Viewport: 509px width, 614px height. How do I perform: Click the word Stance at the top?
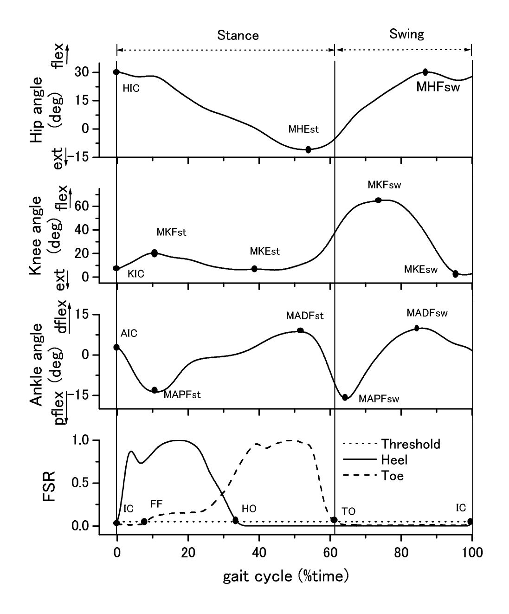pos(238,35)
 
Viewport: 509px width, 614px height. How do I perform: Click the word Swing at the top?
pos(406,34)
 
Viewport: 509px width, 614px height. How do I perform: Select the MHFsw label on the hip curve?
pos(438,87)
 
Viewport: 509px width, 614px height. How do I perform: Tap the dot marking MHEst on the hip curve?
pos(308,149)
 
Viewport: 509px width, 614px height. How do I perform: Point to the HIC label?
pos(131,88)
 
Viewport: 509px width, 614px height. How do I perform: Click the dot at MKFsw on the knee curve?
pos(378,200)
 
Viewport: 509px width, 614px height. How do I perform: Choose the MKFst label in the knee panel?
pos(171,233)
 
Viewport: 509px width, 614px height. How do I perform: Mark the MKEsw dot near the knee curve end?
pos(455,274)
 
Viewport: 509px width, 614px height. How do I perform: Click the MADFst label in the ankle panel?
pos(304,316)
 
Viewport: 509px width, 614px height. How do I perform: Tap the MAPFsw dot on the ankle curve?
pos(345,397)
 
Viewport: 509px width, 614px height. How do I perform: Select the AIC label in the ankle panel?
pos(129,334)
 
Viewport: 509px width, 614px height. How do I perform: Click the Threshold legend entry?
pos(410,444)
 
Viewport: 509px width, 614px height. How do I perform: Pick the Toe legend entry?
pos(392,476)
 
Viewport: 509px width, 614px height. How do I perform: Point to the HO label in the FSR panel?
pos(249,509)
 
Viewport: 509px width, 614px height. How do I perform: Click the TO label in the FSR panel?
pos(348,511)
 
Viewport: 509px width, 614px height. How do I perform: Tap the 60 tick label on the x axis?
pos(330,552)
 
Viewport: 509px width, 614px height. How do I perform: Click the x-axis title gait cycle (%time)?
pos(285,576)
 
